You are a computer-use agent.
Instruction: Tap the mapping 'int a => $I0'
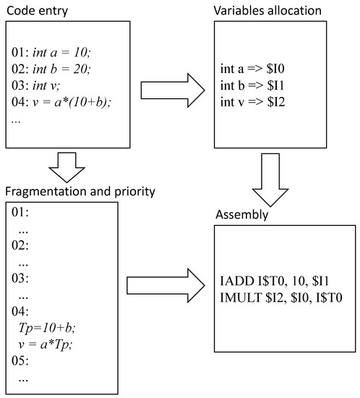254,69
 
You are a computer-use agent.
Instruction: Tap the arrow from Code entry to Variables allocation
171,90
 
